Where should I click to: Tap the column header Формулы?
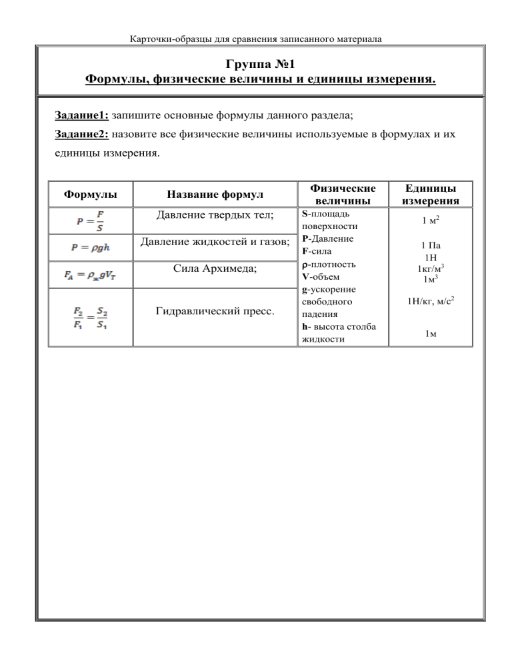[91, 195]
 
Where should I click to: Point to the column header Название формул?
[213, 195]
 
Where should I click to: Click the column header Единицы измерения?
[430, 194]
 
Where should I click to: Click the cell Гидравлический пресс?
[213, 312]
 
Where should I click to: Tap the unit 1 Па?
[430, 246]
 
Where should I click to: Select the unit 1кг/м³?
[430, 269]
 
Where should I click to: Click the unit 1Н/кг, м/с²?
[430, 304]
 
